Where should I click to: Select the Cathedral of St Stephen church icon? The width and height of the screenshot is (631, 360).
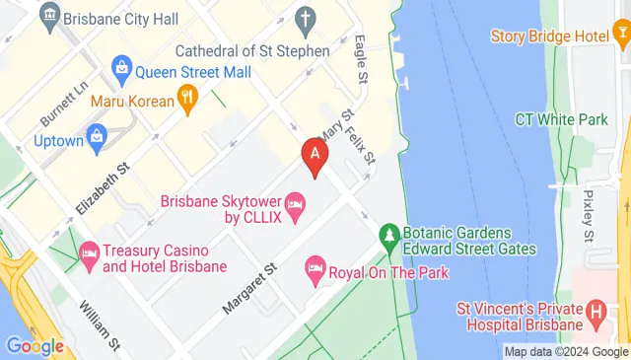[306, 19]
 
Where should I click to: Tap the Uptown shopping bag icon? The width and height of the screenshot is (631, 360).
[98, 135]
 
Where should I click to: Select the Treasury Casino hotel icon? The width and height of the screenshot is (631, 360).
[89, 253]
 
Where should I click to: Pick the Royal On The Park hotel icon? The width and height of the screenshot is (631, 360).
[315, 267]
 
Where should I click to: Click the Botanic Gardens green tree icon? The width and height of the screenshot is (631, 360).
[389, 236]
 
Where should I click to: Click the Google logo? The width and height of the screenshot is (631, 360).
[35, 345]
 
